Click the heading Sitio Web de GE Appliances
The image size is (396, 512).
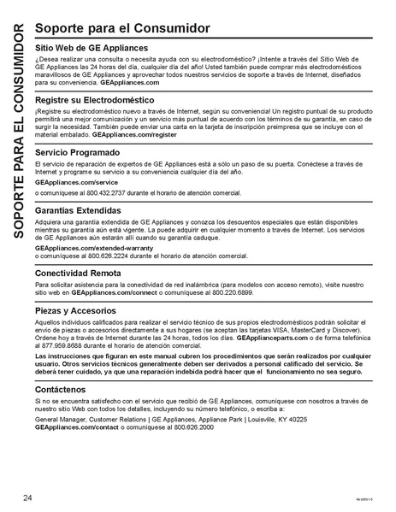point(92,48)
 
